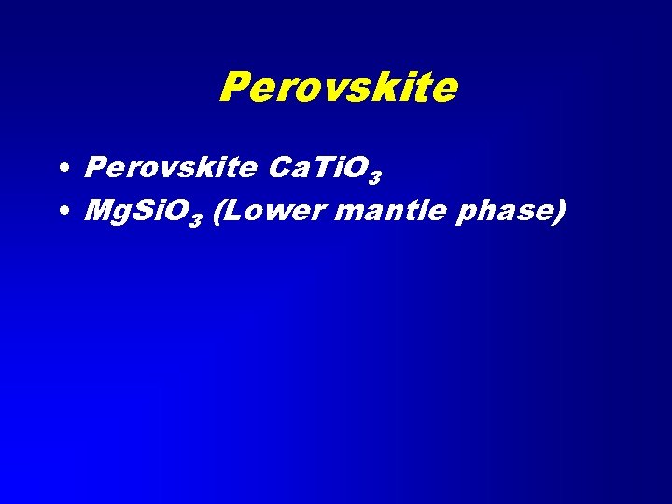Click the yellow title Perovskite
(x=338, y=89)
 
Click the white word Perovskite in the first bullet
(x=169, y=168)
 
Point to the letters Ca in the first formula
(x=284, y=168)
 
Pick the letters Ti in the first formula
(x=322, y=168)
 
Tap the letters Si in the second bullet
(x=147, y=211)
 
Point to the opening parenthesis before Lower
(x=217, y=212)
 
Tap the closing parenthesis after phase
(x=560, y=212)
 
